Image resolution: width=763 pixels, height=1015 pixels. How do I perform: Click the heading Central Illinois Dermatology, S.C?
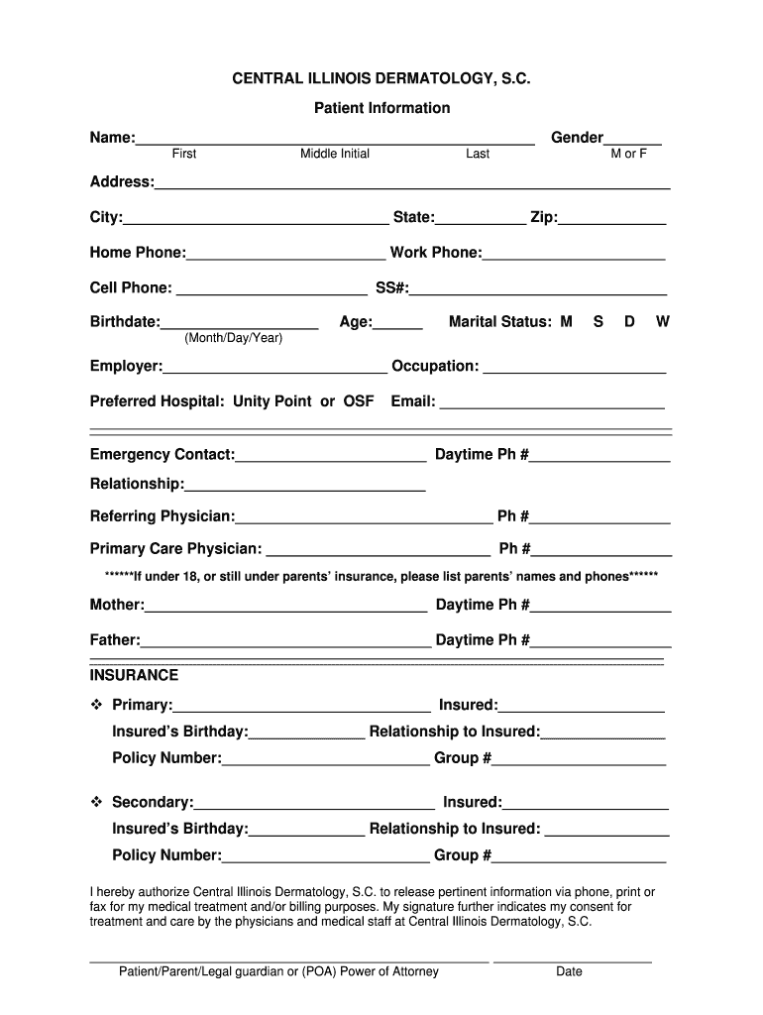(381, 76)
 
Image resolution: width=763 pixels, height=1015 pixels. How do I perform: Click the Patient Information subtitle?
(381, 108)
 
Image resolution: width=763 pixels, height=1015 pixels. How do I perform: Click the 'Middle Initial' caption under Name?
(335, 155)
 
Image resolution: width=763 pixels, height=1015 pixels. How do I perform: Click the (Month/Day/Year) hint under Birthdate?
(234, 339)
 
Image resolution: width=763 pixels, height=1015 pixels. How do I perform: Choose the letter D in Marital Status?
(629, 322)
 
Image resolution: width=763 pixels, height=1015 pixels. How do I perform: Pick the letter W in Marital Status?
(663, 322)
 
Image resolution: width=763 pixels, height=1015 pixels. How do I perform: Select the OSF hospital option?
(359, 401)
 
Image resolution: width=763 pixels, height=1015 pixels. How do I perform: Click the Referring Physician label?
(163, 516)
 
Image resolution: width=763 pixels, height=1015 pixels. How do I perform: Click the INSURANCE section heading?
(135, 675)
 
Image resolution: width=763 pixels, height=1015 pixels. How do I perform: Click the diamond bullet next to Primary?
(97, 705)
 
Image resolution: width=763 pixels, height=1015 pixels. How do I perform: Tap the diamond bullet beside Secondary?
(97, 801)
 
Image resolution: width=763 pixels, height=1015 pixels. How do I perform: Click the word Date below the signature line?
(569, 971)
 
